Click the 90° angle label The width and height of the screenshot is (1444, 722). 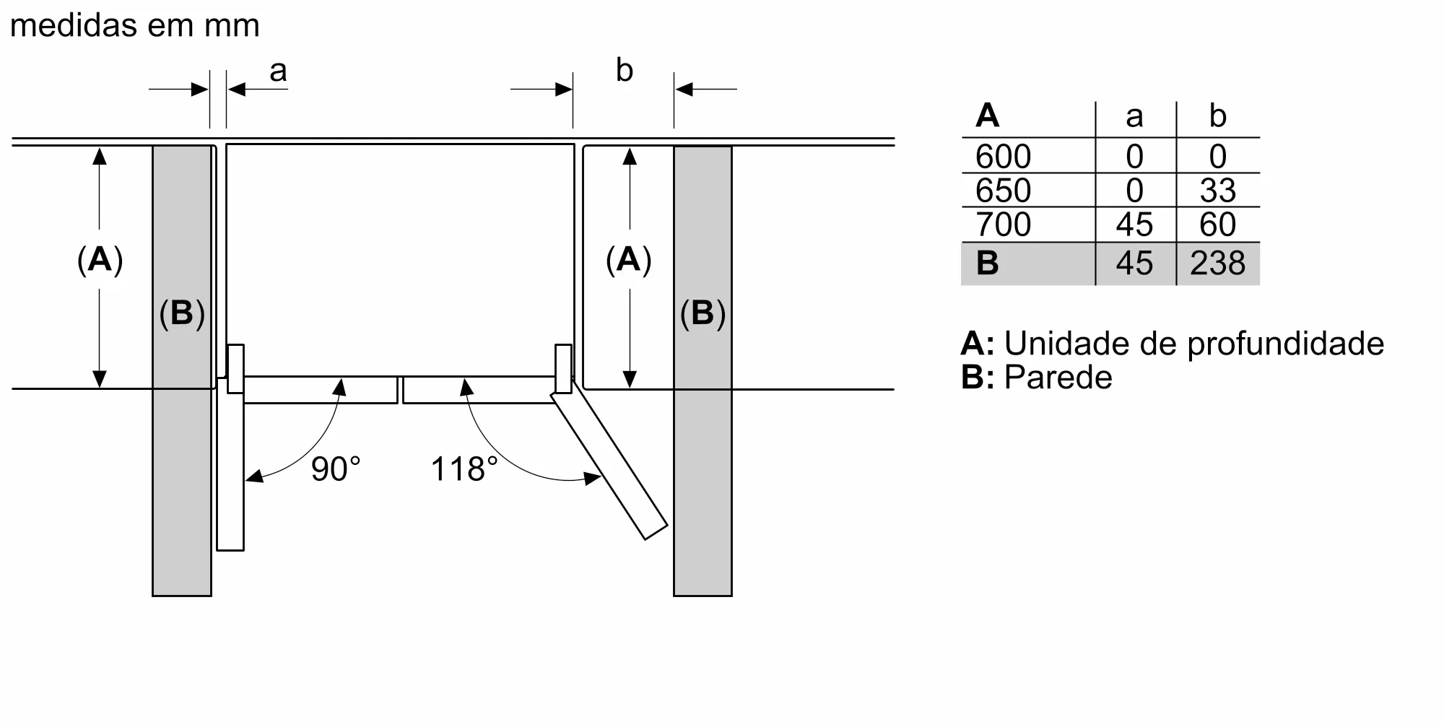point(336,469)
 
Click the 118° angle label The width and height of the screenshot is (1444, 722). point(464,469)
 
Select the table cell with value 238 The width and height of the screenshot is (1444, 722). point(1217,264)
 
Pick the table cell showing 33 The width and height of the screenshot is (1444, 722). point(1217,191)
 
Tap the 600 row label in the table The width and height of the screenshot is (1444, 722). point(1003,157)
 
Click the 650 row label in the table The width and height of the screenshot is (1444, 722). point(1003,191)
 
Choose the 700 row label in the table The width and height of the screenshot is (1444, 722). point(1003,225)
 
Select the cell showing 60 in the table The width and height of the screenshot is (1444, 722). point(1217,225)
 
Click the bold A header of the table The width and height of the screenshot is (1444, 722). point(987,116)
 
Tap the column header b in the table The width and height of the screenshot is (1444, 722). point(1217,116)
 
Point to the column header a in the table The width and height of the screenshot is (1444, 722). point(1134,116)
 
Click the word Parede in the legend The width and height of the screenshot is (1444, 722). point(1058,378)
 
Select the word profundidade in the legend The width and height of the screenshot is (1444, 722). point(1285,344)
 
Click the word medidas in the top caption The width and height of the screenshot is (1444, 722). point(74,26)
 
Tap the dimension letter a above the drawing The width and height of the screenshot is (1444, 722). point(278,71)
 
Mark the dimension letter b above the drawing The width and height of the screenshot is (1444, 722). point(624,71)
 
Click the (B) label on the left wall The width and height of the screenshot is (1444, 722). point(182,313)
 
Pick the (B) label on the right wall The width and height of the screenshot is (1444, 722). point(703,313)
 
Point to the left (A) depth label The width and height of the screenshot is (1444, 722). point(100,259)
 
